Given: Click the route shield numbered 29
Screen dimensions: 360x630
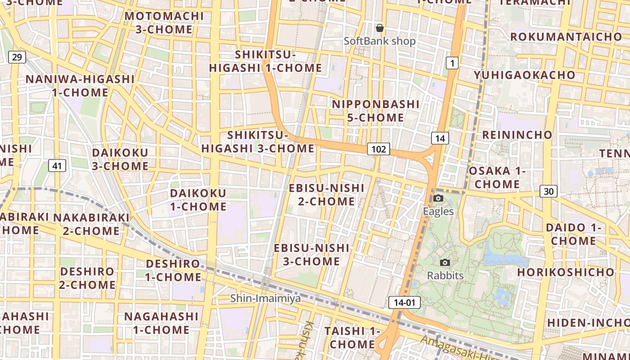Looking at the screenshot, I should pos(17,57).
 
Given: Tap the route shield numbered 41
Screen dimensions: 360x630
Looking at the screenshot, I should pos(57,166).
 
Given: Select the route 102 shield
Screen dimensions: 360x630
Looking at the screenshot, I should pos(378,149).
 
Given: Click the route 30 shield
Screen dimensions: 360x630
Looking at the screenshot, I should pos(549,191).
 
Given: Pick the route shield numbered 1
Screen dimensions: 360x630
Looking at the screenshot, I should pos(452,63).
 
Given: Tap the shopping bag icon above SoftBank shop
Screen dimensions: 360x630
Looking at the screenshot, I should pos(380,28).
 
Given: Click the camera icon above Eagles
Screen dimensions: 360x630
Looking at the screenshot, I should pos(438,198).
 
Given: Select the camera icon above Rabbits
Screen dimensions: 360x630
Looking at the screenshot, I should pos(445,262).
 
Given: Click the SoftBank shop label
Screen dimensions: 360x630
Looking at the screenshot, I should pos(380,41).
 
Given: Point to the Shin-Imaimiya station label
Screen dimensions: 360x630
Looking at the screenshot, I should pos(265,298).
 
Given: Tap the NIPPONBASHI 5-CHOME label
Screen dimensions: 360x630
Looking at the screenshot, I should pos(376,111).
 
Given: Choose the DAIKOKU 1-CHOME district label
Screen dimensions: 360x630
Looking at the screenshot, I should pos(198,200).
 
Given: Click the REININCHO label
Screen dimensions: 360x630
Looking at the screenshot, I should pos(517,135).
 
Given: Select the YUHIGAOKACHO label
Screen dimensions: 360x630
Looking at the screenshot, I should pos(524,75).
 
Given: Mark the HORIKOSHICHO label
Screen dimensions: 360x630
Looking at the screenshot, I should pos(565,272).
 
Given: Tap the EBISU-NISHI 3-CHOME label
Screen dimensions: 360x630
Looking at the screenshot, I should pos(311,254).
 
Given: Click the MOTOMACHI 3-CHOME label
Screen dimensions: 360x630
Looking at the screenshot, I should pos(164,22).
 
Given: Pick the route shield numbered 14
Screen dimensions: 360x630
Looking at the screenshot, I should pos(440,138).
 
